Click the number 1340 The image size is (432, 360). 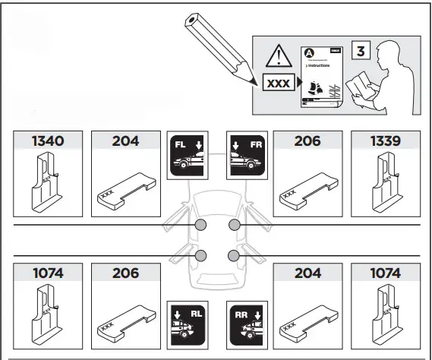[47, 141]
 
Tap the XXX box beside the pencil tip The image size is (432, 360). [277, 82]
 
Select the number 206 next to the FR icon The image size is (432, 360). [307, 141]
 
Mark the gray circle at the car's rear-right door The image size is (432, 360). [234, 256]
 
